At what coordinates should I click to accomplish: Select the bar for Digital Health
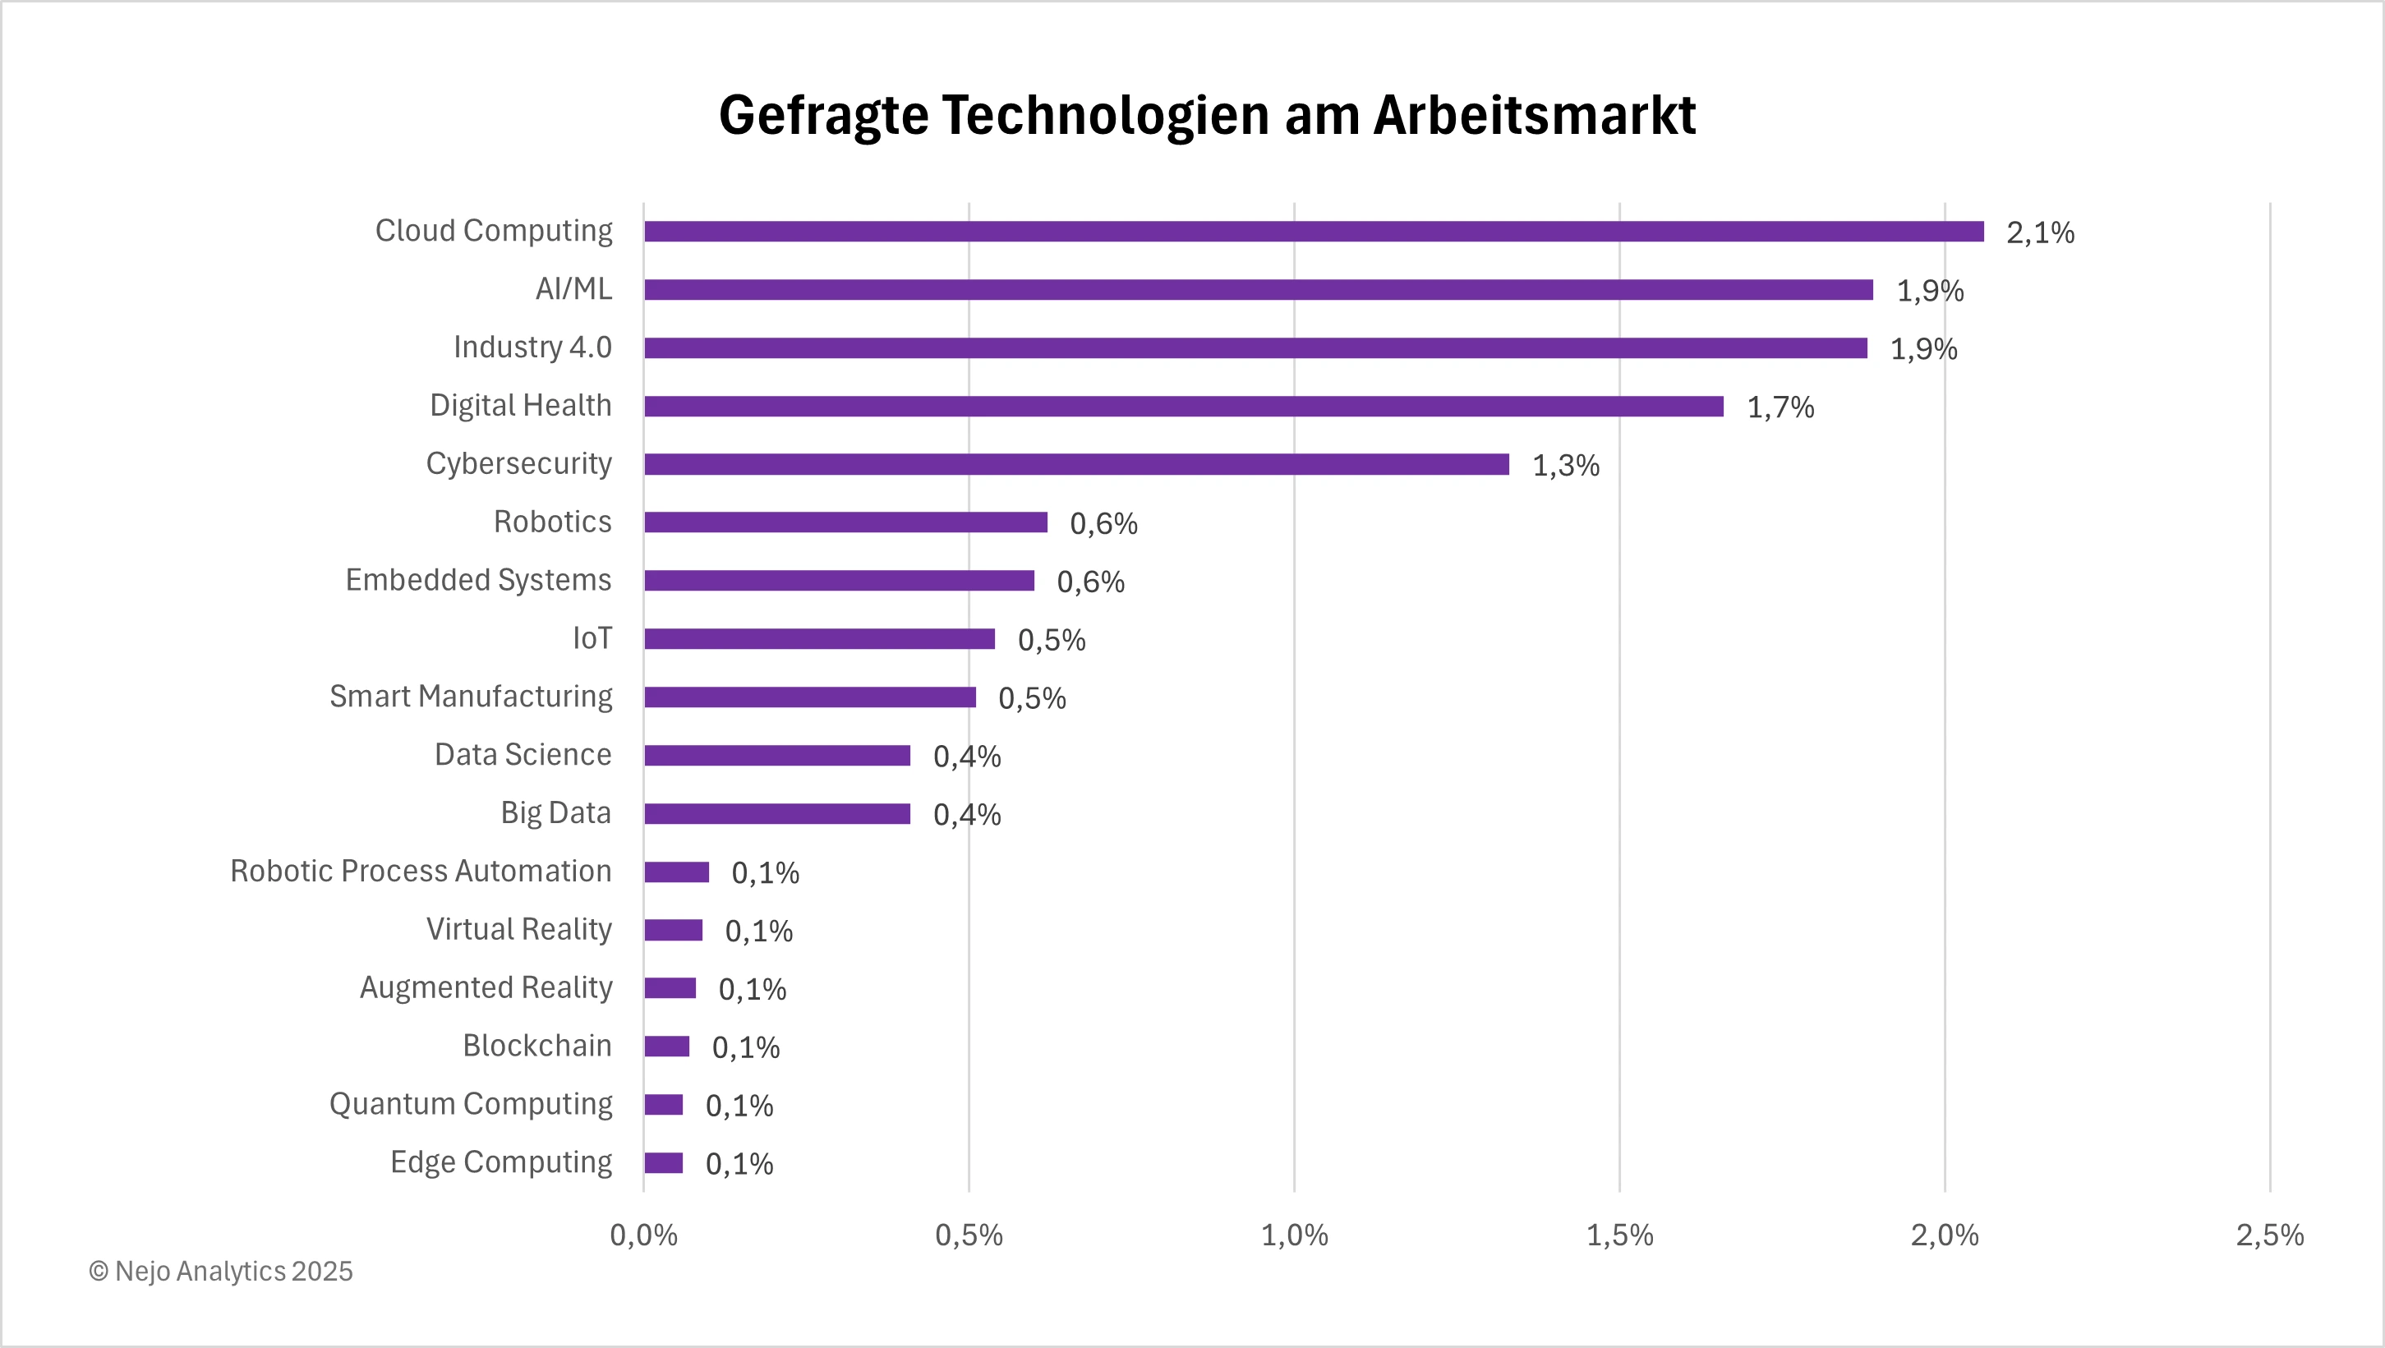point(1183,407)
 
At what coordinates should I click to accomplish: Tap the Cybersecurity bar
point(1076,465)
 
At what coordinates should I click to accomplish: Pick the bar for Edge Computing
point(664,1163)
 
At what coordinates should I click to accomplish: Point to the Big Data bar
point(777,814)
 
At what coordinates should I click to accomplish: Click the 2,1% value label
point(2040,232)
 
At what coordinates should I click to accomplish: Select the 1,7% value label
point(1780,407)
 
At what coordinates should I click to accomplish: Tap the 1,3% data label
point(1566,466)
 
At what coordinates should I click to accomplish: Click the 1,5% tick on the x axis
point(1619,1235)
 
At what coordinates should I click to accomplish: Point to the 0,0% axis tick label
point(643,1235)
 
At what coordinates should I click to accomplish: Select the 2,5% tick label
point(2269,1235)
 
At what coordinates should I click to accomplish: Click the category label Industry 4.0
point(532,347)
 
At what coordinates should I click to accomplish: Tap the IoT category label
point(592,638)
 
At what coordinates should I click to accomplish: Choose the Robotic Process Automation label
point(421,872)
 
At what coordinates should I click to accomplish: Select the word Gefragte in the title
point(823,116)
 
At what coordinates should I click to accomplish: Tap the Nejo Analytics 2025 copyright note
point(220,1271)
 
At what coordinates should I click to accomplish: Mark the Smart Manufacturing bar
point(809,697)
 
